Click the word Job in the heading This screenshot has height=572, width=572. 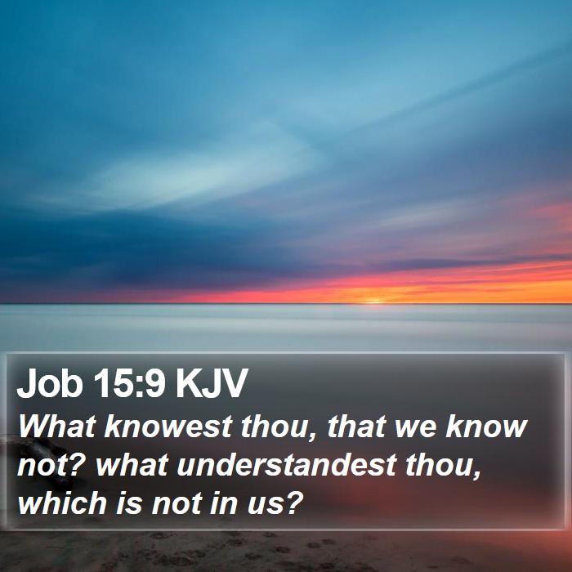click(50, 383)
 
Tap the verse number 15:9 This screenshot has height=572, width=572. click(129, 383)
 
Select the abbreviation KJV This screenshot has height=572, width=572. click(212, 383)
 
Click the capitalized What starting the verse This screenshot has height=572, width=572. click(57, 426)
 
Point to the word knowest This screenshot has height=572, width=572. click(168, 426)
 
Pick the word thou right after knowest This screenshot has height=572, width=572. click(278, 427)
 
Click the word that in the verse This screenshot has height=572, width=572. click(357, 426)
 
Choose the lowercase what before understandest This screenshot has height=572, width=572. click(132, 465)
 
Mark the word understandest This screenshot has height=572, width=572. click(287, 465)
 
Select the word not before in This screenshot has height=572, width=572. click(177, 503)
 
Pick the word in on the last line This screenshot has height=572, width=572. click(225, 503)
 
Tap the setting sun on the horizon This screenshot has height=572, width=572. click(373, 302)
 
